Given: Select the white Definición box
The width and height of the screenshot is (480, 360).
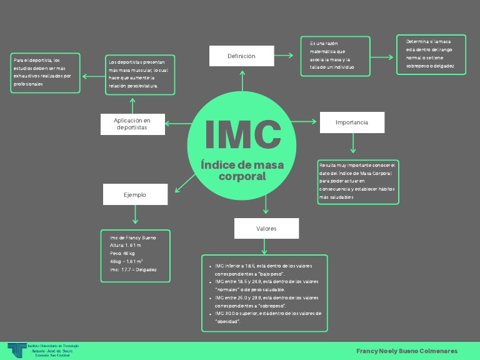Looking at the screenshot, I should tap(241, 56).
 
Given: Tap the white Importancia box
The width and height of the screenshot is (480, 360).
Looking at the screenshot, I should tap(352, 122).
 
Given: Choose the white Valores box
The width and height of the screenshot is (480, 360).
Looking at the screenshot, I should tap(266, 229).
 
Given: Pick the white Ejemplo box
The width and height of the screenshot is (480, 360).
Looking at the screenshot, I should tap(135, 194).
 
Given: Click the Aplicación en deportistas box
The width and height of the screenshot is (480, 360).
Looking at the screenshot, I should tap(132, 124).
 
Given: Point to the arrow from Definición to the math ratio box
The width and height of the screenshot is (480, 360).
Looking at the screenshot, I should tap(284, 56).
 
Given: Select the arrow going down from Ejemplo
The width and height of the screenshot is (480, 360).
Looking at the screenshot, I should tap(135, 215).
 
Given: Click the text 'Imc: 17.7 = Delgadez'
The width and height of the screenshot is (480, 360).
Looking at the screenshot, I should tap(133, 269).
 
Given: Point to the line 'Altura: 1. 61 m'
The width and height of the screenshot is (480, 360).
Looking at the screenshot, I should tap(126, 246).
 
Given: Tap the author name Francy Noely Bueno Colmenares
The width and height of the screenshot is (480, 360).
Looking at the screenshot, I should tap(407, 351).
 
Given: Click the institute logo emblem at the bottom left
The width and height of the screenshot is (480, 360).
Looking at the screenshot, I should tap(16, 350).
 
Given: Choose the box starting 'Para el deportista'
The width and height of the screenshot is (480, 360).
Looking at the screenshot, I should tap(46, 72).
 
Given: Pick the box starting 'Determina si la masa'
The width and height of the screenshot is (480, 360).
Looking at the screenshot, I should tap(431, 54).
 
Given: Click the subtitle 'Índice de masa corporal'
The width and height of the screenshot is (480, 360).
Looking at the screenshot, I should tap(242, 171).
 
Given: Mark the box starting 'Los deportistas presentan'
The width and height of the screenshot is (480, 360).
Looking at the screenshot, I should tap(141, 74).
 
